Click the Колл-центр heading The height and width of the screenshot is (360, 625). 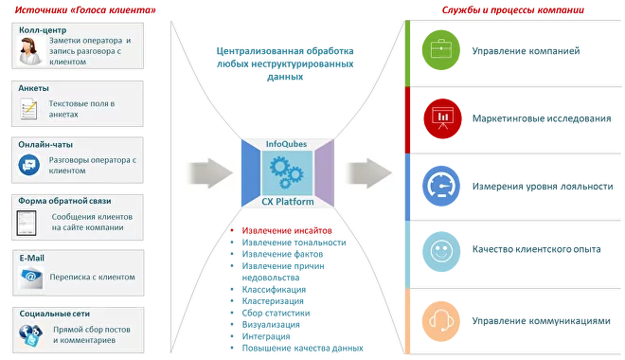coord(44,30)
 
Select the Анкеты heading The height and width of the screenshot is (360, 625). coord(34,87)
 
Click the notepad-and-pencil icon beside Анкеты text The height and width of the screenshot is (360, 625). coord(28,110)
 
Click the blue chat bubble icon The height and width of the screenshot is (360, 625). coord(28,167)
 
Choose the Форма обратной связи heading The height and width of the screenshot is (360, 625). coord(62,201)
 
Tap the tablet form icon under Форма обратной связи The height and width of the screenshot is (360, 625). coord(28,225)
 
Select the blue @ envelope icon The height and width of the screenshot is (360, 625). coord(28,279)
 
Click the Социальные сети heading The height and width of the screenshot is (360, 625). coord(54,313)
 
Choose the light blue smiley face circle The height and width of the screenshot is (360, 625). coord(438,250)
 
